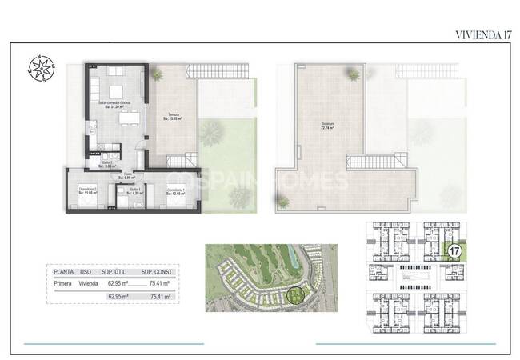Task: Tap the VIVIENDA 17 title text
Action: point(482,34)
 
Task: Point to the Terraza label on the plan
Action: point(173,118)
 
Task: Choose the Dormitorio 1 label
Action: point(176,190)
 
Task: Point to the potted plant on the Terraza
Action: point(156,74)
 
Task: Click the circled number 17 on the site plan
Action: point(455,251)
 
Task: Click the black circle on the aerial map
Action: point(295,297)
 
